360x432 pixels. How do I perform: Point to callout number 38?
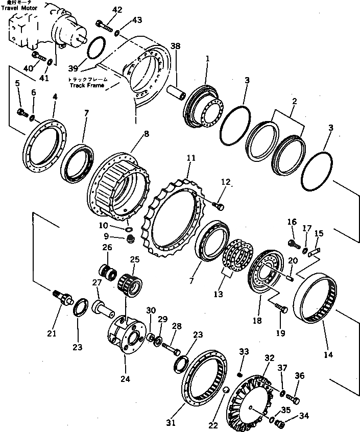176,45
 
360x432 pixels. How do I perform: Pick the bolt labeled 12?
219,206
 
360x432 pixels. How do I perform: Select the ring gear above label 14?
316,297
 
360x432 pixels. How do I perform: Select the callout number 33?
244,352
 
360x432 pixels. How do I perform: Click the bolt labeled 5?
21,112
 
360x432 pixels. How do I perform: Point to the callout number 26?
107,248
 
